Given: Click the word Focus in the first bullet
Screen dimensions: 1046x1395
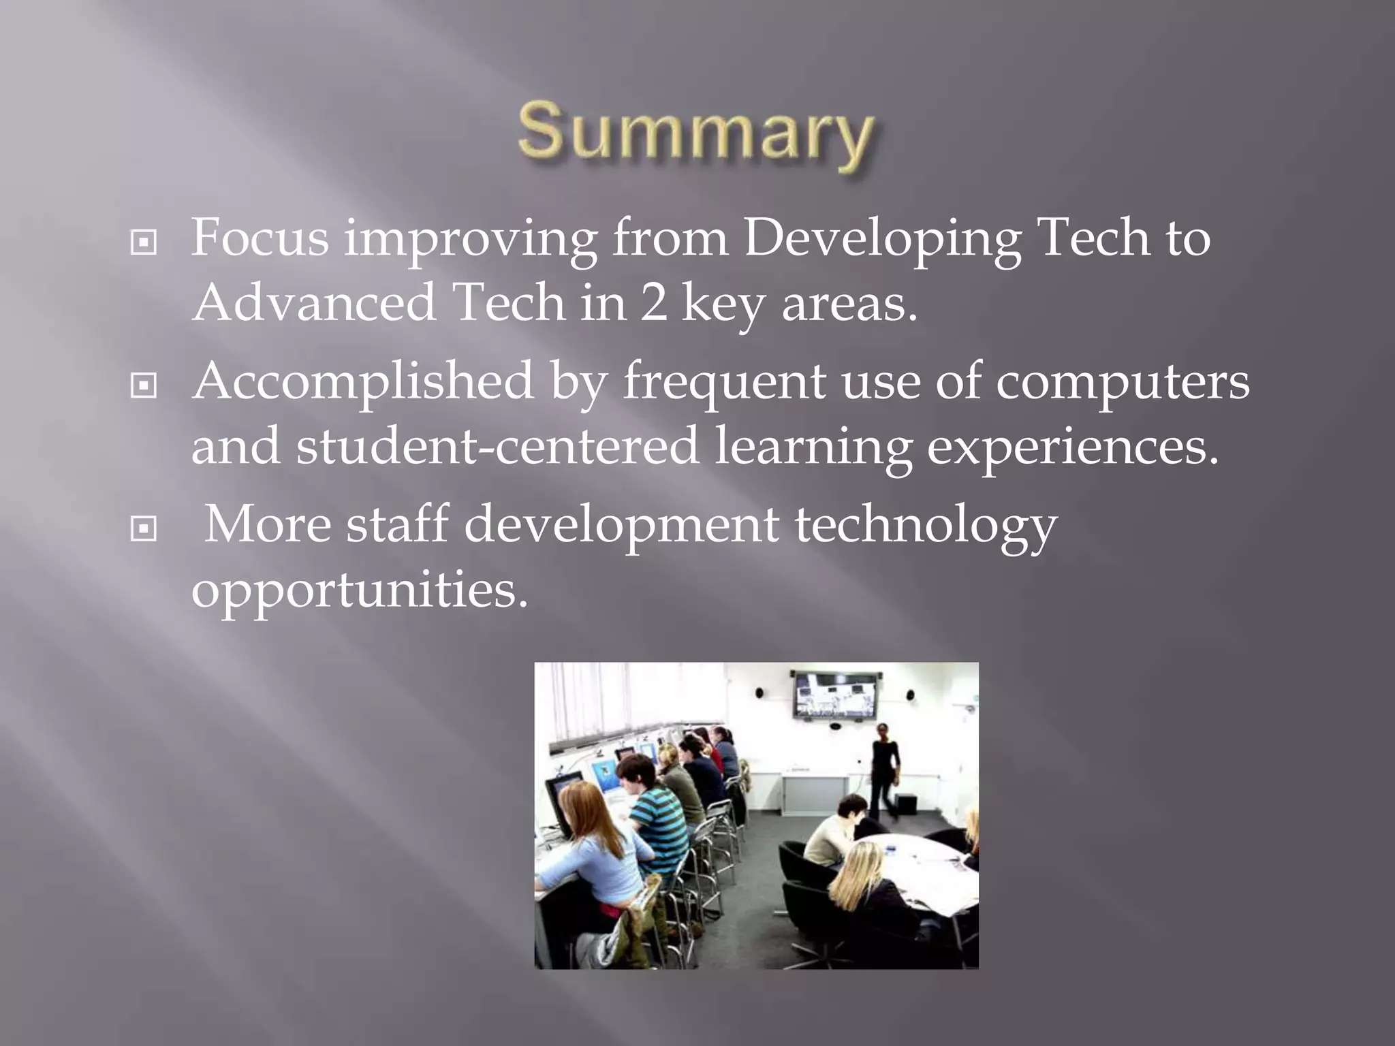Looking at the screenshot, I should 260,238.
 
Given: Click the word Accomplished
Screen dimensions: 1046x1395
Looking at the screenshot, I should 363,381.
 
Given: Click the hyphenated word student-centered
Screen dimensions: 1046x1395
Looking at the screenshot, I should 498,446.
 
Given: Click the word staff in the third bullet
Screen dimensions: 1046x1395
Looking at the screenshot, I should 397,525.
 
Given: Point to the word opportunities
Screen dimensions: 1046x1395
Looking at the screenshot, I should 360,590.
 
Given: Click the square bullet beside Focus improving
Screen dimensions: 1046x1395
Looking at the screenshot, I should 144,242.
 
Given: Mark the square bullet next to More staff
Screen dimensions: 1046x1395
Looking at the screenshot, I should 144,528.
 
